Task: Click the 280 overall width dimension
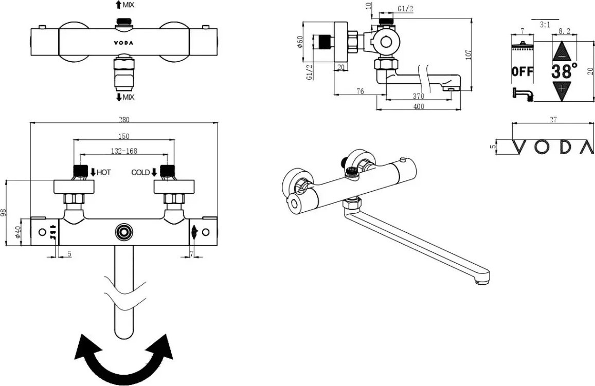coord(124,119)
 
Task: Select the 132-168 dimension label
coord(124,151)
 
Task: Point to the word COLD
coord(140,172)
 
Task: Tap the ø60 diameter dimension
coord(300,42)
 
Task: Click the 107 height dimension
coord(468,54)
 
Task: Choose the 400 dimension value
coord(419,106)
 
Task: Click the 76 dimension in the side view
coord(360,91)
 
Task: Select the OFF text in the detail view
coord(522,71)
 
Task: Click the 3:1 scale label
coord(546,24)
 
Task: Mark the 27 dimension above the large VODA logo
coord(553,120)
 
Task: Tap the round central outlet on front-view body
coord(123,232)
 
